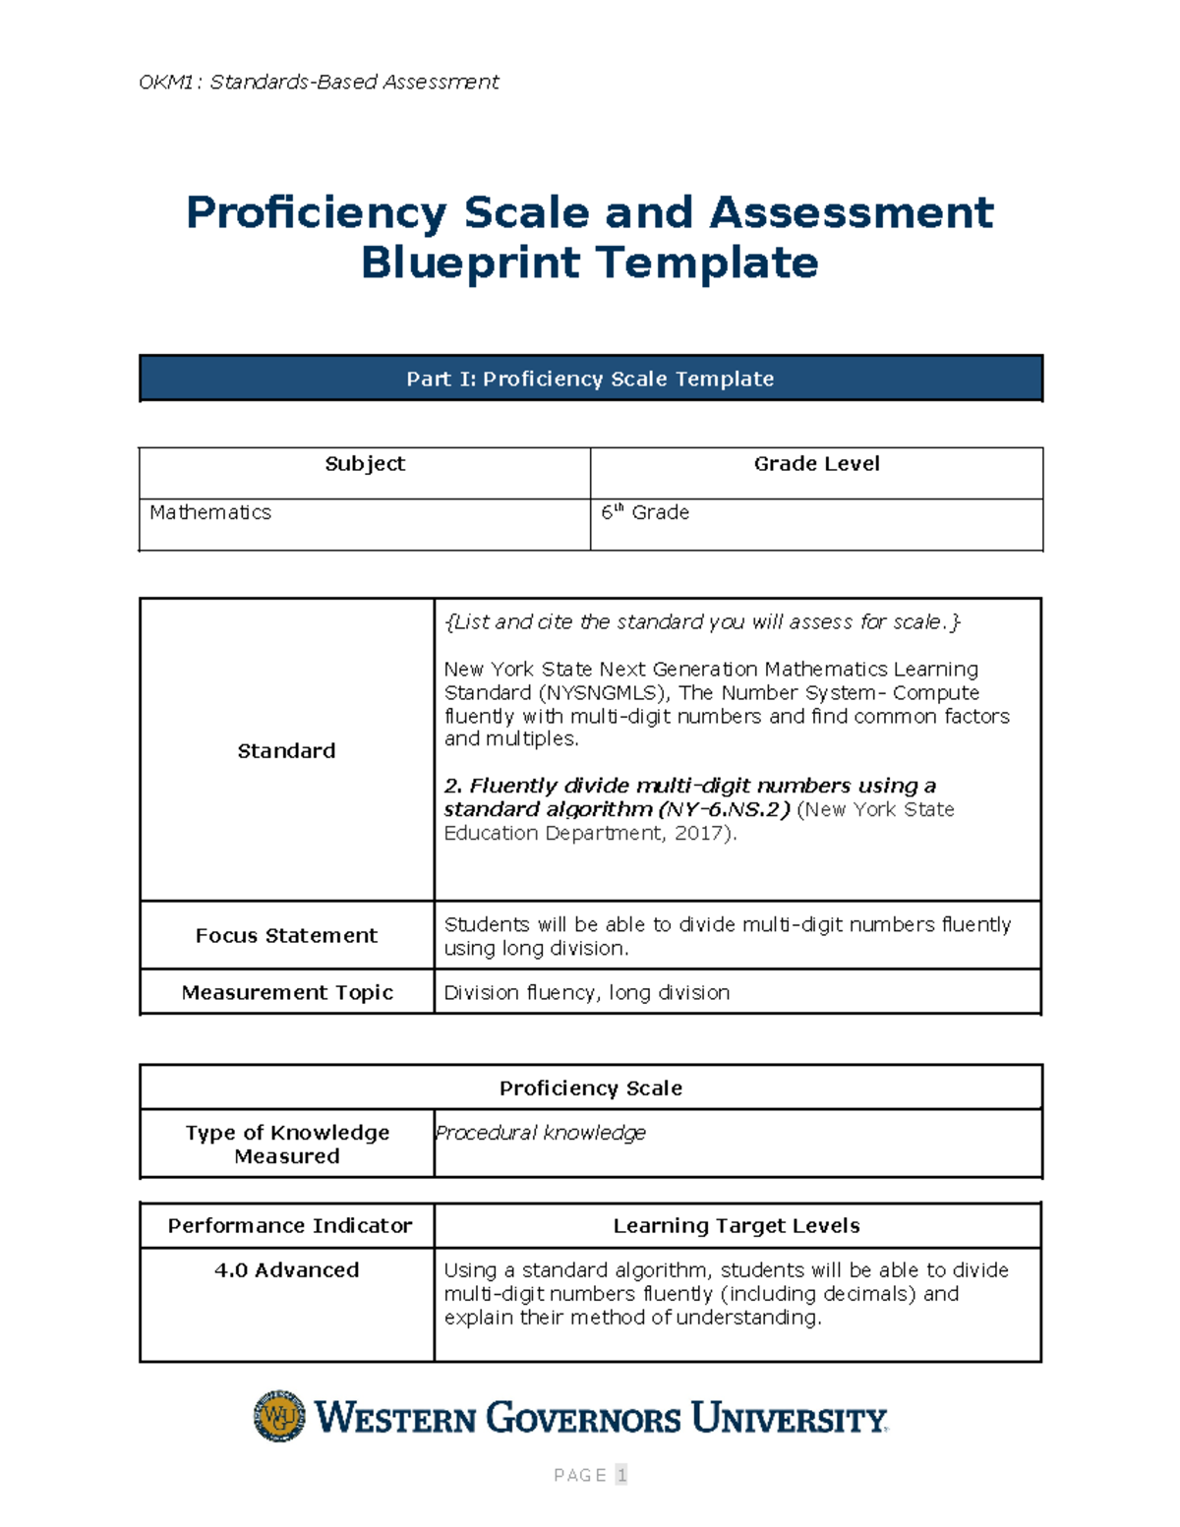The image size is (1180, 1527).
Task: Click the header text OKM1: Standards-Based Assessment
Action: (x=319, y=82)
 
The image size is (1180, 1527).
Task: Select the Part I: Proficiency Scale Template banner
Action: (x=590, y=379)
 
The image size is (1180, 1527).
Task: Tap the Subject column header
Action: (x=365, y=464)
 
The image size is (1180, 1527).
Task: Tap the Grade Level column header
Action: (x=816, y=464)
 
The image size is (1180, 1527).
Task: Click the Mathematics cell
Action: (x=210, y=512)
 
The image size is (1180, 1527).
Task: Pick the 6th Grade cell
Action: (x=645, y=512)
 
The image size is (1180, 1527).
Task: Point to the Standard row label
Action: (x=286, y=751)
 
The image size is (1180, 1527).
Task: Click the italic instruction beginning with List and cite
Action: (x=702, y=621)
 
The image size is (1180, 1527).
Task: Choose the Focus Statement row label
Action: (x=286, y=936)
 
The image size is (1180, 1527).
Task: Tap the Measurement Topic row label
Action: (x=287, y=993)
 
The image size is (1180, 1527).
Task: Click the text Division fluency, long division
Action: (x=587, y=993)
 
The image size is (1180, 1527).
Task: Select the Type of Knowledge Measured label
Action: (x=287, y=1145)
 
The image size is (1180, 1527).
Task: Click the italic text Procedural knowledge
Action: (x=541, y=1133)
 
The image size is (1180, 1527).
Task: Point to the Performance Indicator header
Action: (x=289, y=1226)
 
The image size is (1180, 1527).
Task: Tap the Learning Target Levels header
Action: (x=737, y=1226)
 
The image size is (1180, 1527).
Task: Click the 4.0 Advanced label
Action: (x=286, y=1270)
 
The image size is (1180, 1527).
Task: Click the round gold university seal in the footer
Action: (x=280, y=1417)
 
